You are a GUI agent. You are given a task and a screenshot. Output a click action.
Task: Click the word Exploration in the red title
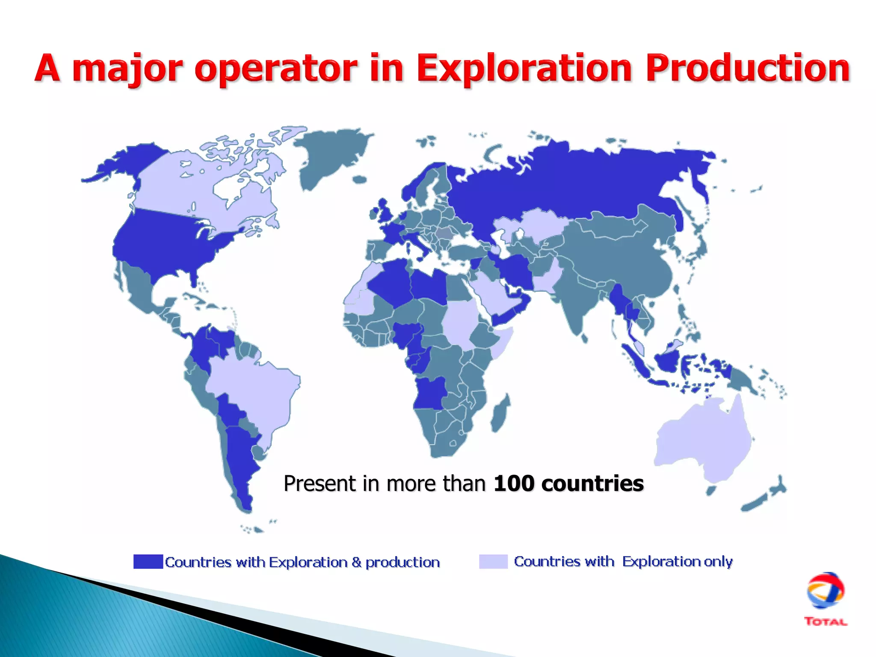524,68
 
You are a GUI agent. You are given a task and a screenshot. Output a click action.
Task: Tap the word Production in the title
748,68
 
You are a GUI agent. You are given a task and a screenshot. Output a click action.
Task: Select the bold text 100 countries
568,484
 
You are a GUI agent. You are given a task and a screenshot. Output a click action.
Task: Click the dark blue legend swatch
148,561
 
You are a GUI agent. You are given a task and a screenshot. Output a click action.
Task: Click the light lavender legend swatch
493,561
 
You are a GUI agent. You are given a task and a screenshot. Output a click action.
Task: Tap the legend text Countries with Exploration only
623,561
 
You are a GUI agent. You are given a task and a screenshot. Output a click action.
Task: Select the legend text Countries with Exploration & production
302,562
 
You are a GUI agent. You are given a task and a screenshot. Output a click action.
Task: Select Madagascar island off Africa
500,413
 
